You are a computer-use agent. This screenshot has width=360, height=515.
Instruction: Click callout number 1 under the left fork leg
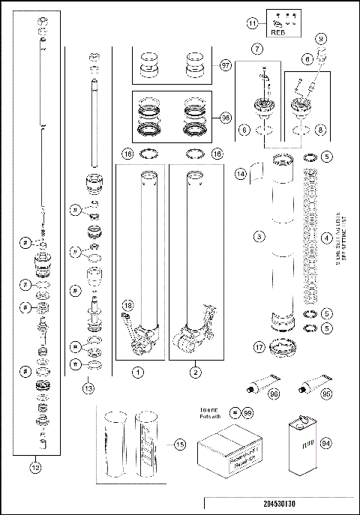(137, 371)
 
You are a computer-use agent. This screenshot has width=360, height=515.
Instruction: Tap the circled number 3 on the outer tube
(258, 236)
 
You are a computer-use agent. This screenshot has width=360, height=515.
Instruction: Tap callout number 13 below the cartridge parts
(89, 388)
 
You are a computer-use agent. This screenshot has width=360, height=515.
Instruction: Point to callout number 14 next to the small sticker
(241, 173)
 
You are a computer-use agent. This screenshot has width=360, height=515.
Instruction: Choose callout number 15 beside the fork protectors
(179, 445)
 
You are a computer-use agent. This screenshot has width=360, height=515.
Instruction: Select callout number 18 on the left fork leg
(128, 306)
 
